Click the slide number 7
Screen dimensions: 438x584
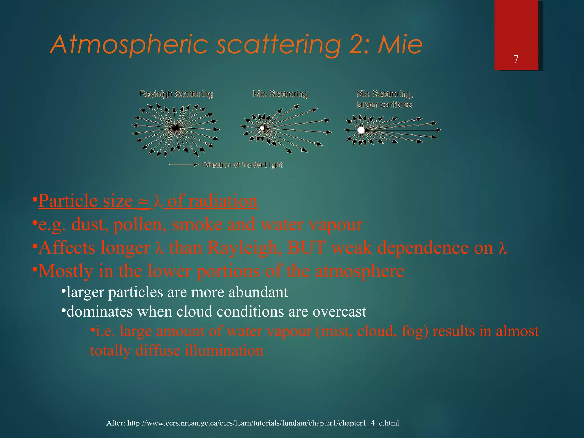point(516,59)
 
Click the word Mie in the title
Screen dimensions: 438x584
point(400,45)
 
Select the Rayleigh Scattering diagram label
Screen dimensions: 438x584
point(176,94)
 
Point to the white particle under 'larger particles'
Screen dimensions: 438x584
point(361,130)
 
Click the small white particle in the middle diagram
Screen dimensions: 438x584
point(262,128)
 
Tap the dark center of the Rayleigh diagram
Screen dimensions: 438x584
point(175,128)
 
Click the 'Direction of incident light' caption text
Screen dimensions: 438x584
point(242,165)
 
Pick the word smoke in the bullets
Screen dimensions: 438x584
point(197,224)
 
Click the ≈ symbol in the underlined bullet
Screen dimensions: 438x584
point(143,202)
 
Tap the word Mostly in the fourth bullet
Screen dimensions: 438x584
point(66,271)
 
